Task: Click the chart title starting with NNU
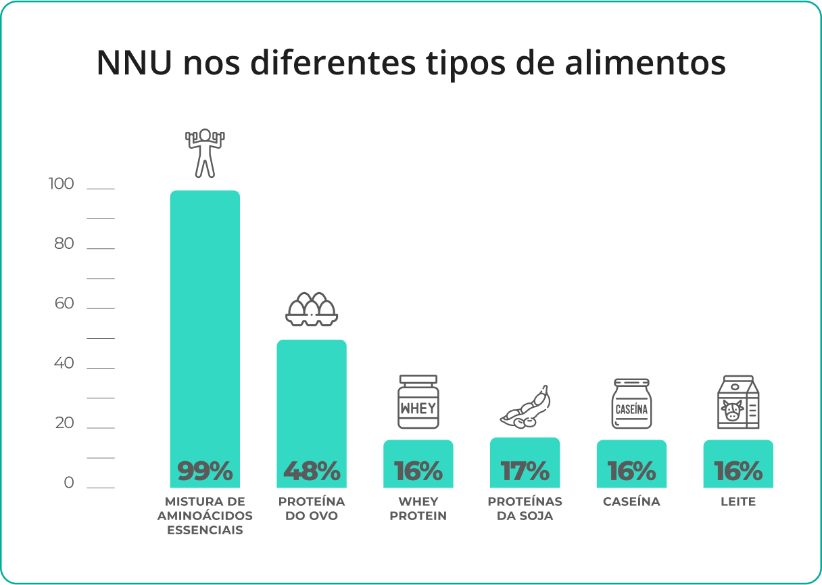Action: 411,63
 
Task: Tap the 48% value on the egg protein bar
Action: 312,471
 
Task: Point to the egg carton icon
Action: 312,309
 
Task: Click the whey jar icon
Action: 418,402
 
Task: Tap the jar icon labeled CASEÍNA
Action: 631,403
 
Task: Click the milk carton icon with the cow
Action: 738,402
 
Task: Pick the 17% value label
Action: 525,471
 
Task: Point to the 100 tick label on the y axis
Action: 61,184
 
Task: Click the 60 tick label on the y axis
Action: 64,304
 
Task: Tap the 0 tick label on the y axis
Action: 69,483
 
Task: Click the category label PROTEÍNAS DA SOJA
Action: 525,509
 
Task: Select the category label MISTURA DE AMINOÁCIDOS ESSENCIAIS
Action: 205,516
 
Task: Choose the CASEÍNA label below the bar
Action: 631,502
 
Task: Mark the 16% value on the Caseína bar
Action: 631,471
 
